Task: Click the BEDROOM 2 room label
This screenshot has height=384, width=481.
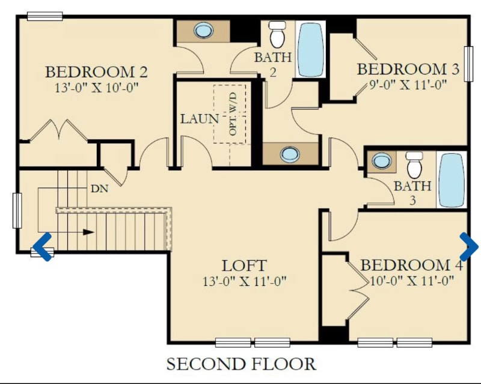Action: pyautogui.click(x=97, y=72)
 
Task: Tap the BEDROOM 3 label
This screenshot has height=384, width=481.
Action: pyautogui.click(x=408, y=69)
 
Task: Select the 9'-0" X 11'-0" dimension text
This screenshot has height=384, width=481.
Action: pyautogui.click(x=408, y=85)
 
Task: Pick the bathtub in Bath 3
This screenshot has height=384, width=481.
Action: pyautogui.click(x=452, y=180)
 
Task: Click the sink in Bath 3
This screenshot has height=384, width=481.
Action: pyautogui.click(x=381, y=161)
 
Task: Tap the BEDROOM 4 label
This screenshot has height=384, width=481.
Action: pyautogui.click(x=412, y=265)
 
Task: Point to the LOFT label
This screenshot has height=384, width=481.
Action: pyautogui.click(x=244, y=265)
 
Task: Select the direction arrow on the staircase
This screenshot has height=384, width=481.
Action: pyautogui.click(x=87, y=231)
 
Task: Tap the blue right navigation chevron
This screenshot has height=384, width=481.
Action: pyautogui.click(x=468, y=245)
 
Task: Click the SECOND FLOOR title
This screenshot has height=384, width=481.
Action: pyautogui.click(x=240, y=364)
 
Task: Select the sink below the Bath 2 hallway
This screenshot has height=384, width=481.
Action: pyautogui.click(x=290, y=154)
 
